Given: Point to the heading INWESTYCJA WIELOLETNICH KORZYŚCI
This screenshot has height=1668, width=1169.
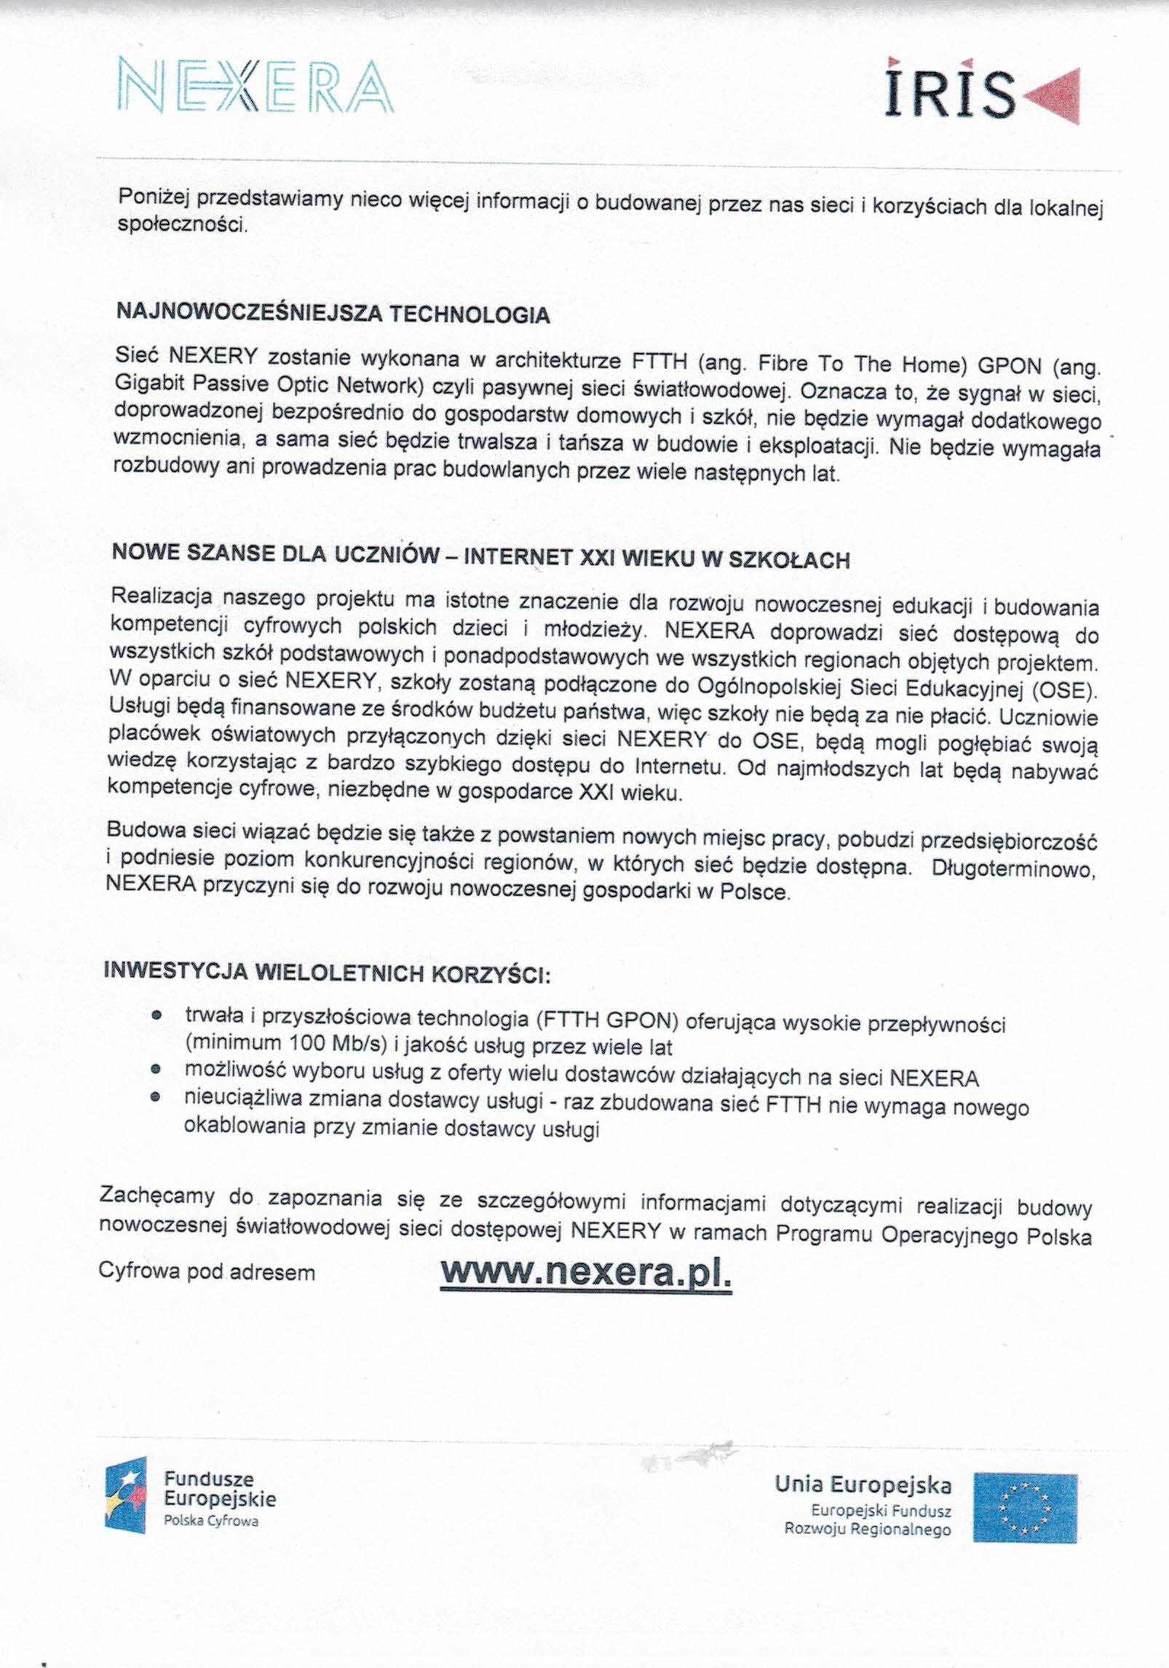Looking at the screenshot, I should coord(327,972).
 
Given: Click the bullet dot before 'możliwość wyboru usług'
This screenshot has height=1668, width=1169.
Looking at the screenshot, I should coord(155,1070).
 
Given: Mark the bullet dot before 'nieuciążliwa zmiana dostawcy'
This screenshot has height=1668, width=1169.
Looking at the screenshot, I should coord(155,1098).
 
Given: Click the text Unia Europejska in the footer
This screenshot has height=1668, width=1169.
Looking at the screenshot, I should coord(863,1484).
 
